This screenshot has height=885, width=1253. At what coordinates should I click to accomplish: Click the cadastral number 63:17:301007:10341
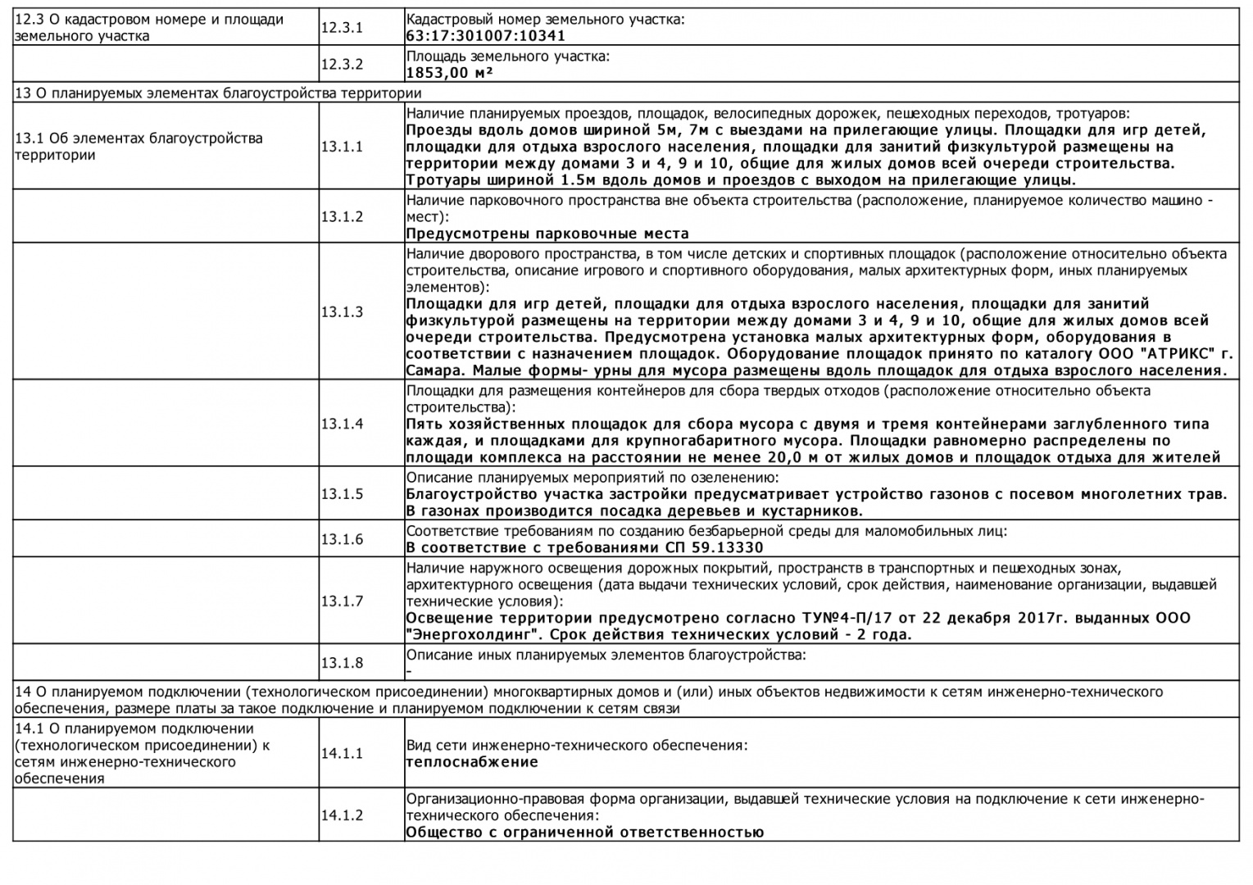pyautogui.click(x=485, y=36)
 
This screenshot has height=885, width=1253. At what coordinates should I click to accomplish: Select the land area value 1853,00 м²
pyautogui.click(x=449, y=73)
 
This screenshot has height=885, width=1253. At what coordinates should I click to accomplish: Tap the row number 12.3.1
pyautogui.click(x=341, y=28)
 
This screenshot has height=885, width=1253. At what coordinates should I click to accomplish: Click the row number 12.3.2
pyautogui.click(x=341, y=65)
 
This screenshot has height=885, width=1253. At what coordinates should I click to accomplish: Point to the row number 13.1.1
pyautogui.click(x=341, y=147)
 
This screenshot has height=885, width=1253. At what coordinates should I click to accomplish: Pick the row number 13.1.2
pyautogui.click(x=341, y=217)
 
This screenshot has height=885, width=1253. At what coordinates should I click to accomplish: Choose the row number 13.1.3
pyautogui.click(x=341, y=312)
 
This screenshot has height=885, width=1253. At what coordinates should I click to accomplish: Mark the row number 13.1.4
pyautogui.click(x=341, y=424)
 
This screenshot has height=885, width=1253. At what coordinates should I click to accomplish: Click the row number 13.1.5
pyautogui.click(x=341, y=494)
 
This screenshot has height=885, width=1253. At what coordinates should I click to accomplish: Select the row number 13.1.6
pyautogui.click(x=341, y=539)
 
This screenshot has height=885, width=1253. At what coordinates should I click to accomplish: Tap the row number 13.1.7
pyautogui.click(x=341, y=601)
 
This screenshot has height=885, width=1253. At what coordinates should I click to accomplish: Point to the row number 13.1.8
pyautogui.click(x=341, y=663)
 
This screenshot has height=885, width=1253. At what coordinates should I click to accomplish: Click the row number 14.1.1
pyautogui.click(x=341, y=753)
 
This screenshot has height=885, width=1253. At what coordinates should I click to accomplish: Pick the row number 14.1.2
pyautogui.click(x=341, y=815)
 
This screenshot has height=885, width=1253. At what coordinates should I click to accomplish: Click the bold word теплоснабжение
pyautogui.click(x=472, y=762)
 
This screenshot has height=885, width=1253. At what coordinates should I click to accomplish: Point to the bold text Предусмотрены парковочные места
pyautogui.click(x=547, y=234)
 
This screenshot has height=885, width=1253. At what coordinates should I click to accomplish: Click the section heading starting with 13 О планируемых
pyautogui.click(x=218, y=93)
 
